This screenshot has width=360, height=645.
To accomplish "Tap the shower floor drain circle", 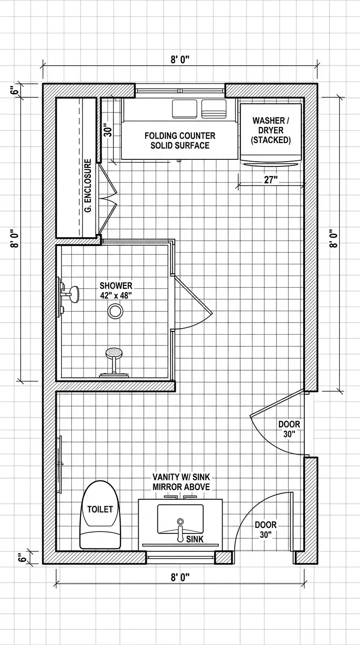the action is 115,311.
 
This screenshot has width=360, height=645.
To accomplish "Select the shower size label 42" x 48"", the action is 116,295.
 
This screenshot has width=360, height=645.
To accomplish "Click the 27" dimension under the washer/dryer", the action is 271,180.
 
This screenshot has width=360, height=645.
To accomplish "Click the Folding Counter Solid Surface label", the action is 180,140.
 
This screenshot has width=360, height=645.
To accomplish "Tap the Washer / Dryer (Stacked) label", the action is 271,130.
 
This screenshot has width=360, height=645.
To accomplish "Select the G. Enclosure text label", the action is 88,186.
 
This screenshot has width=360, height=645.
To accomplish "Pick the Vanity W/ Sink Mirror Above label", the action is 181,482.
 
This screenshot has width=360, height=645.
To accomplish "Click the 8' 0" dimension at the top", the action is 180,60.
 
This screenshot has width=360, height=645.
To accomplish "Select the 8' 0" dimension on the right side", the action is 333,238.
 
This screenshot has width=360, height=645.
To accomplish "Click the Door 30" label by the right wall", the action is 289,429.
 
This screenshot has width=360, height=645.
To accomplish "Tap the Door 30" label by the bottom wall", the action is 265,530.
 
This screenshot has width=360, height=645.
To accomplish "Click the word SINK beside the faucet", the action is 195,539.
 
